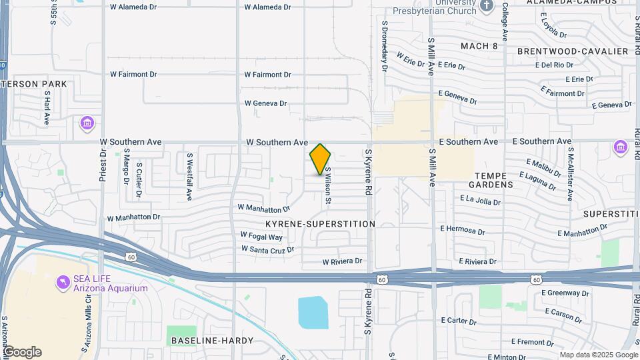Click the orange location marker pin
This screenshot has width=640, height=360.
click(x=320, y=159)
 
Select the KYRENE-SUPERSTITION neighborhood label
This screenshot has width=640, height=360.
click(x=320, y=224)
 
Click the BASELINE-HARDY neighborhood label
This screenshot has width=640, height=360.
click(x=212, y=341)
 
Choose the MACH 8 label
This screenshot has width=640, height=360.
click(x=479, y=46)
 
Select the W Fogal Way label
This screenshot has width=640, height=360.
click(x=261, y=237)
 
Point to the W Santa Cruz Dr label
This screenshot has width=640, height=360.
click(x=267, y=249)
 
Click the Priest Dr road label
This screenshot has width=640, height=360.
click(x=103, y=162)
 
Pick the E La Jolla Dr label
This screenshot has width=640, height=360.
click(x=485, y=199)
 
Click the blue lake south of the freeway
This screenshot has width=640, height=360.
click(x=313, y=313)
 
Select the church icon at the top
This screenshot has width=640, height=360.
click(x=487, y=6)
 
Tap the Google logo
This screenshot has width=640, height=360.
click(x=22, y=352)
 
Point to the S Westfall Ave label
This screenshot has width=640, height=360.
click(x=189, y=177)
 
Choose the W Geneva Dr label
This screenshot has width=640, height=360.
click(x=265, y=103)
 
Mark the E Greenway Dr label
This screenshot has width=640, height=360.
click(x=565, y=293)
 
